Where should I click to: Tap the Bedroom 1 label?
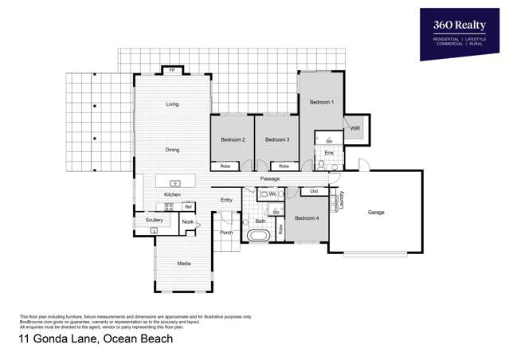click(321, 103)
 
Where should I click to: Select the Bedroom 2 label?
click(232, 139)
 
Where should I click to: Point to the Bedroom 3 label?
click(276, 139)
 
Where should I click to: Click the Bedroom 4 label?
click(307, 217)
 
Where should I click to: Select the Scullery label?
click(155, 220)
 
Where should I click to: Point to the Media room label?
click(183, 263)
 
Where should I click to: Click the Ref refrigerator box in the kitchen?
click(188, 207)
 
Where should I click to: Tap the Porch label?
click(226, 233)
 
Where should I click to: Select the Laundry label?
click(342, 200)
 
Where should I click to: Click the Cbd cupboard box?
click(314, 191)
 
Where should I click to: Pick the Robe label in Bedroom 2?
click(225, 166)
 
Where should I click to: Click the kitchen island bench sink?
click(175, 183)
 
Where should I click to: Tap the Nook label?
click(187, 222)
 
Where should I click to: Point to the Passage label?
click(269, 179)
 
